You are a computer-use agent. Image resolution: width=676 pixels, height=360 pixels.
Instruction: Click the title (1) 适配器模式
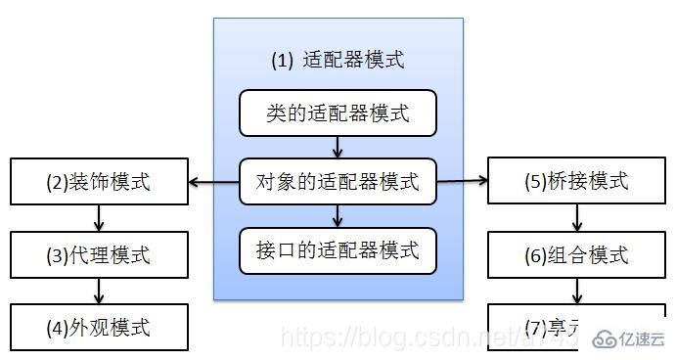pos(338,60)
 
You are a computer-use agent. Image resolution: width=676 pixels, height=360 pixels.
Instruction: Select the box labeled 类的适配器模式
pos(338,114)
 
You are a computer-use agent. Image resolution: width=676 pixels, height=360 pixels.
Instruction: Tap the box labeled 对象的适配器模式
pos(338,181)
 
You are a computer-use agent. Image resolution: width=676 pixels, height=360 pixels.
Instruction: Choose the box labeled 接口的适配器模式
pos(338,249)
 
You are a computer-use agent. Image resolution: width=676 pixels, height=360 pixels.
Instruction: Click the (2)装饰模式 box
pos(98,181)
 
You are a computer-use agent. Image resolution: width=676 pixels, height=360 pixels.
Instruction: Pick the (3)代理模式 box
pos(98,256)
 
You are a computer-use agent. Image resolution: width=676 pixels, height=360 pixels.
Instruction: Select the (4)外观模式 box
pos(98,326)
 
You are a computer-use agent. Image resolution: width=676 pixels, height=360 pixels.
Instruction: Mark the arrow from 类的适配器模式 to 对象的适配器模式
pos(338,148)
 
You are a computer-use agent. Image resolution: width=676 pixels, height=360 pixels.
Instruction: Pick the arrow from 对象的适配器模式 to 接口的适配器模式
pos(338,214)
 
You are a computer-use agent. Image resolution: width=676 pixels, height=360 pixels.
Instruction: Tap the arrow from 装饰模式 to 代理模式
pos(98,218)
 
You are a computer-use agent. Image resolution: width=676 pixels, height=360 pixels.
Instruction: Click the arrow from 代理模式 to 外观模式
pos(98,292)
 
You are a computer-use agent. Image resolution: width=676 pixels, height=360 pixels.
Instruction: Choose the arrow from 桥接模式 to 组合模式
pos(575,218)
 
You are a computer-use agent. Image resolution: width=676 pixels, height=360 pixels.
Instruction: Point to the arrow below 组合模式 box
pos(575,291)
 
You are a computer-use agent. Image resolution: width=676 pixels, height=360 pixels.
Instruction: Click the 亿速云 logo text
pos(642,338)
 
